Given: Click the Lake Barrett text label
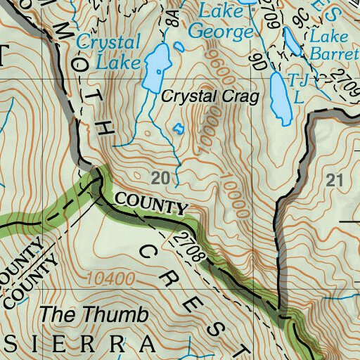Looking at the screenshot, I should tap(334, 44).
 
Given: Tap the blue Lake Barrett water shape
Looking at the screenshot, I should tap(292, 42).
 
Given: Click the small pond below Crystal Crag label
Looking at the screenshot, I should tap(178, 129).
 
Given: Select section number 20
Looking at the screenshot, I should tap(160, 179).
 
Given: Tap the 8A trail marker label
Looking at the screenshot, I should tap(172, 17).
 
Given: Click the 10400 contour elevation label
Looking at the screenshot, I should tap(111, 278).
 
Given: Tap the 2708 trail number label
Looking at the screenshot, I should tap(191, 245).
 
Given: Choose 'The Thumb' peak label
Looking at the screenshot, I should tap(94, 314).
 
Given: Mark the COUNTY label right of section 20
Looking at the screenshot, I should tap(151, 204).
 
